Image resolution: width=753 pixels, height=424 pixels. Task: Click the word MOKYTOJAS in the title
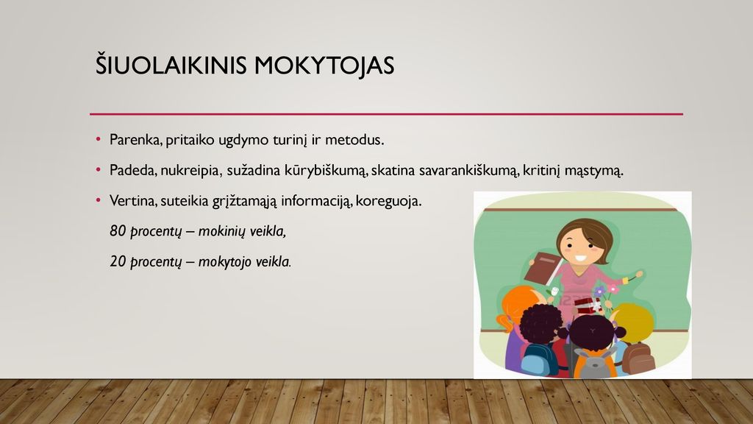(x=324, y=66)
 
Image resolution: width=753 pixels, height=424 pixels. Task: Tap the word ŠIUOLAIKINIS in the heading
(x=171, y=65)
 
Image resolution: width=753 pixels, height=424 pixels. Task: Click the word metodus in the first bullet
(x=354, y=140)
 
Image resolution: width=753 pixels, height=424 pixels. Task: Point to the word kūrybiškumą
(x=326, y=171)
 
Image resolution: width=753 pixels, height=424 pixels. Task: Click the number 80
(x=118, y=230)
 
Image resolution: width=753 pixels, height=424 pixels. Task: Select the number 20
(x=118, y=261)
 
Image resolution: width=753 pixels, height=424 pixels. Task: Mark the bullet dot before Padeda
(x=99, y=170)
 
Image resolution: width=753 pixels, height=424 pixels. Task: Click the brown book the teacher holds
(x=543, y=268)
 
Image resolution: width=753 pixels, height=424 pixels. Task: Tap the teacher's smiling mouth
(x=582, y=258)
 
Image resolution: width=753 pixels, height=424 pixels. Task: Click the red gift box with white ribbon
(x=586, y=304)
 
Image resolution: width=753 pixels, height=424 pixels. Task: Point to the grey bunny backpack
(x=594, y=364)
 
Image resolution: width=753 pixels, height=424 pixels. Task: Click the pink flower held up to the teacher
(x=613, y=289)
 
